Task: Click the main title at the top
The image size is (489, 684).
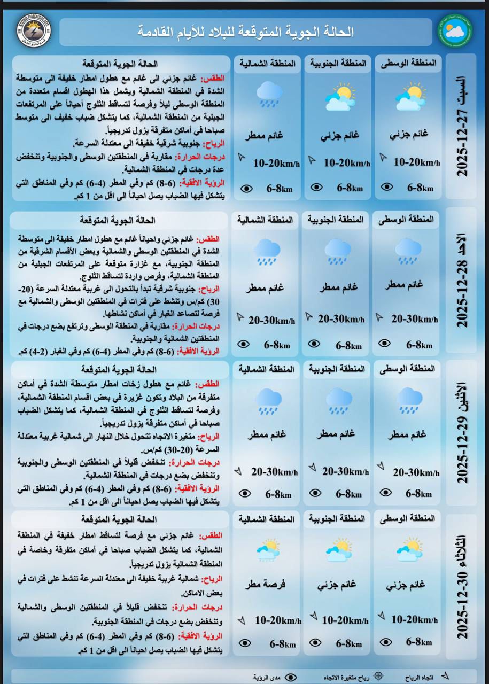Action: tap(246, 32)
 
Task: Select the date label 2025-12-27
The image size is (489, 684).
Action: tap(462, 128)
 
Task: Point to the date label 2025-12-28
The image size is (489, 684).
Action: tap(462, 283)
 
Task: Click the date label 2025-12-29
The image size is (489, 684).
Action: tap(462, 433)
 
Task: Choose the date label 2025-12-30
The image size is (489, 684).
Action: tap(462, 588)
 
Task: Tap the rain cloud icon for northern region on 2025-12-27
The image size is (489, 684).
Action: tap(269, 95)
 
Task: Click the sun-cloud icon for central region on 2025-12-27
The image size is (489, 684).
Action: tap(410, 96)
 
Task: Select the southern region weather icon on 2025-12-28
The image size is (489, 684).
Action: tap(338, 251)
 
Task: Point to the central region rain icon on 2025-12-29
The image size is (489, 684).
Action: tap(410, 401)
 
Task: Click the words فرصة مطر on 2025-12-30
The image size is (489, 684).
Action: tap(265, 585)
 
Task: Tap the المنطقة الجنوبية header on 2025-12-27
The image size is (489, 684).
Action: tap(338, 63)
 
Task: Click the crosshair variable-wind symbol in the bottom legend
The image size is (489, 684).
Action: tap(378, 675)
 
